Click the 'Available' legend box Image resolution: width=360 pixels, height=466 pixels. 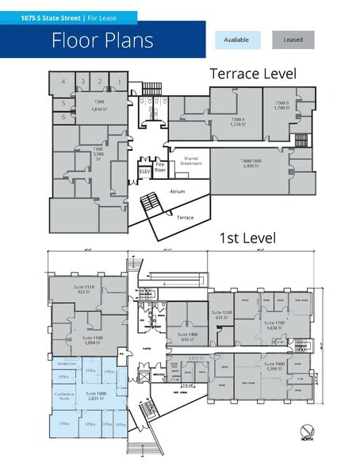coord(236,40)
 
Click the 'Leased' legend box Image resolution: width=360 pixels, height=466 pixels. coord(293,40)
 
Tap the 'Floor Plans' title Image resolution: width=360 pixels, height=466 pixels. coord(102,40)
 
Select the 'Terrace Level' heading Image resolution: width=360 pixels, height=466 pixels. coord(252,74)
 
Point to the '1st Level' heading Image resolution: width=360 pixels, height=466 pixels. coord(247,238)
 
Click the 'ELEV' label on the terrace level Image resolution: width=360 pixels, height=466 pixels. coord(144,171)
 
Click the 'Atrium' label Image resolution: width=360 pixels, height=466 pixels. coord(178,192)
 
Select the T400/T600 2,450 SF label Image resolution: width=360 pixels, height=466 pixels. coord(251,163)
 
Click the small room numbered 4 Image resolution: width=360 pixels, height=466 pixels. coord(63,82)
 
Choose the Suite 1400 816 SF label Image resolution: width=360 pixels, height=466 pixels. coord(187,337)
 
